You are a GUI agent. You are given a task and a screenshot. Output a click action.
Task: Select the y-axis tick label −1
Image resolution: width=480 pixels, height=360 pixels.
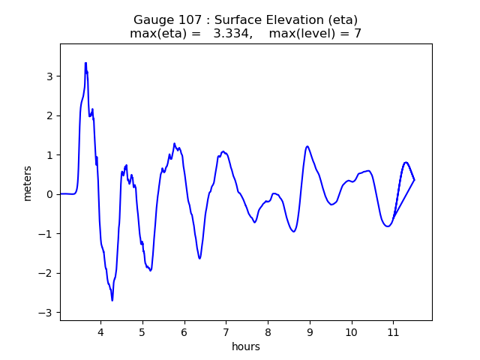click(47, 234)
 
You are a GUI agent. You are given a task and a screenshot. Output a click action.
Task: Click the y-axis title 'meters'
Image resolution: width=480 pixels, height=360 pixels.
click(28, 183)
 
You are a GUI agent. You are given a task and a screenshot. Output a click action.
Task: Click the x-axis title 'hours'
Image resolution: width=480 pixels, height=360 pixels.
click(246, 346)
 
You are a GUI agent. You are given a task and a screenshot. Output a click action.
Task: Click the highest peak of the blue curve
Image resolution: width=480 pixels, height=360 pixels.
click(85, 63)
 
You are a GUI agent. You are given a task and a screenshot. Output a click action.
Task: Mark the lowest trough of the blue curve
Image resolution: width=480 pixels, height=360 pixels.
click(112, 301)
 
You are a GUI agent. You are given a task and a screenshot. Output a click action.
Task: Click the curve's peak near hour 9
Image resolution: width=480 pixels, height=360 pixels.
click(307, 146)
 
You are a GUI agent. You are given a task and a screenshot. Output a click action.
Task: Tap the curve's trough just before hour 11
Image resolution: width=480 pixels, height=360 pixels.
click(388, 226)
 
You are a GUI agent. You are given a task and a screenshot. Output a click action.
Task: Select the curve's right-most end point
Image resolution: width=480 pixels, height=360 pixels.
click(414, 180)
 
